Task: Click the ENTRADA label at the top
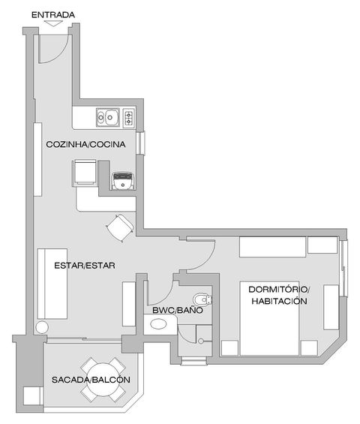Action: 53,15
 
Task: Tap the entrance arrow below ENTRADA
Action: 53,23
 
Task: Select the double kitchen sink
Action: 108,117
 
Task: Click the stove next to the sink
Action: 129,118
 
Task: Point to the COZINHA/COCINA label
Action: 85,144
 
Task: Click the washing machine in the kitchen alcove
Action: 123,180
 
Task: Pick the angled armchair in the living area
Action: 120,227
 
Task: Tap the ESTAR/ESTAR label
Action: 85,266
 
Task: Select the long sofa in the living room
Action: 52,284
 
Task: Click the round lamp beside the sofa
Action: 42,327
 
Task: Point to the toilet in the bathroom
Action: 202,300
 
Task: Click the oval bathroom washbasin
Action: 158,324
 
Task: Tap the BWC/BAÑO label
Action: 178,310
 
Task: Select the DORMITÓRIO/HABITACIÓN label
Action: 279,295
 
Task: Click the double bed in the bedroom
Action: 269,318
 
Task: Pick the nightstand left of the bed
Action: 229,348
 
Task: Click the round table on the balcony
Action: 103,380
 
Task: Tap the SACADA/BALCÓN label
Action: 91,380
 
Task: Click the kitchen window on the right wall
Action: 140,143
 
